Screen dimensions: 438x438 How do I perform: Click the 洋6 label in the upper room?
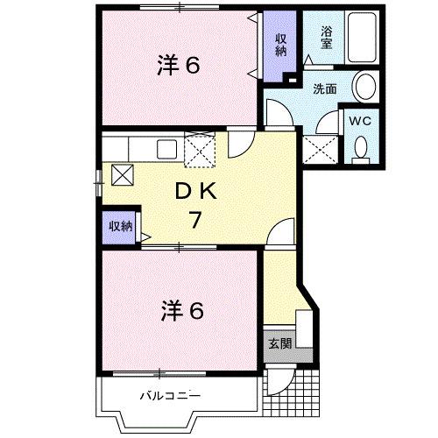click(x=180, y=65)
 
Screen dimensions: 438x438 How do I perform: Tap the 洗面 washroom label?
click(x=326, y=88)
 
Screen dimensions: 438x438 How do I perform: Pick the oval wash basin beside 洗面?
click(x=366, y=88)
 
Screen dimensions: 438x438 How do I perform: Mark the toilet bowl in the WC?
click(x=361, y=151)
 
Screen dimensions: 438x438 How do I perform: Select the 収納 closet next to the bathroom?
click(x=281, y=46)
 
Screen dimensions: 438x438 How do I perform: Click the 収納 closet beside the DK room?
click(x=121, y=226)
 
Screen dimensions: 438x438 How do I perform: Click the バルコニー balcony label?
click(x=171, y=396)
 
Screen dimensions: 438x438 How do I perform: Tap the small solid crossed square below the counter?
click(x=121, y=174)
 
